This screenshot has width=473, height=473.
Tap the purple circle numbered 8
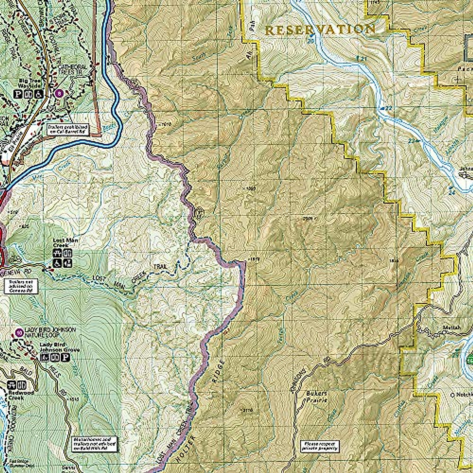(x=59, y=93)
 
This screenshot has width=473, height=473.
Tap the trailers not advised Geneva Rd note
(x=21, y=287)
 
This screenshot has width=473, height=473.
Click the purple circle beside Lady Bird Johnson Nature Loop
(x=19, y=332)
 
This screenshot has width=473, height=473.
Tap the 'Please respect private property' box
(x=319, y=445)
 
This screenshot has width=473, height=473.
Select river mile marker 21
(x=359, y=58)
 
